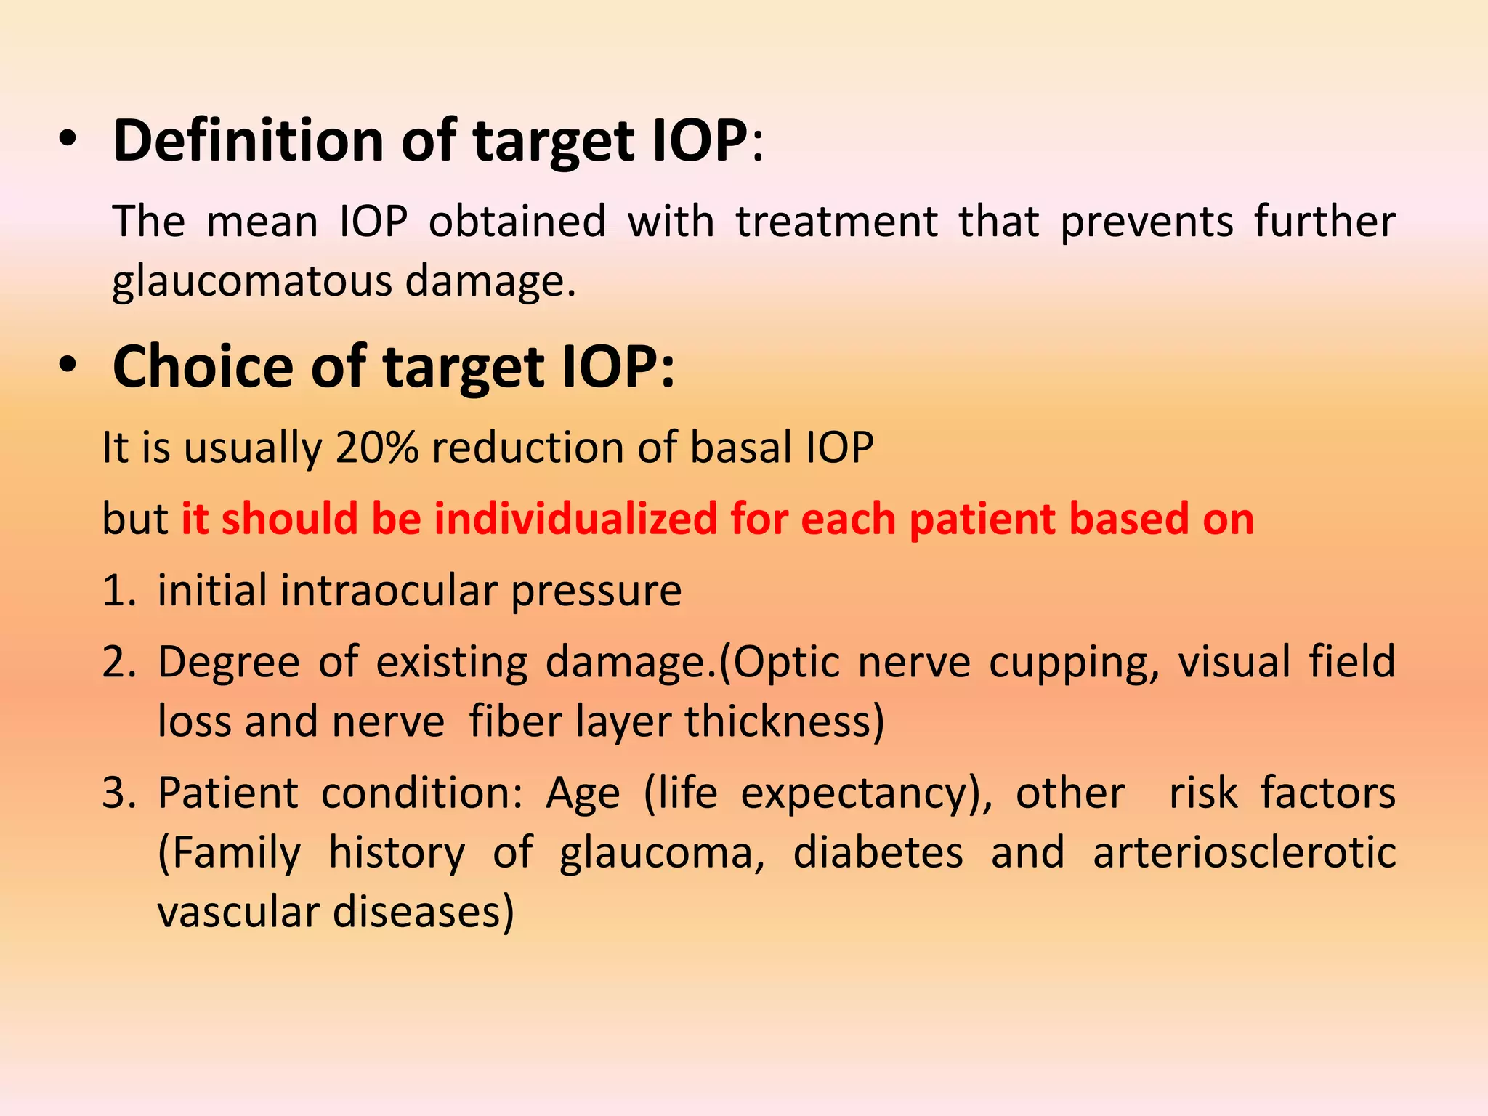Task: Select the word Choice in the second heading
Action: pos(203,367)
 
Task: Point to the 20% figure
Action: pos(376,447)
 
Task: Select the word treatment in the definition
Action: pos(836,221)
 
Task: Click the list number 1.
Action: pos(118,590)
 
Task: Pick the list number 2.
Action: pos(118,662)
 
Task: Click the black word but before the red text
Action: pos(135,519)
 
